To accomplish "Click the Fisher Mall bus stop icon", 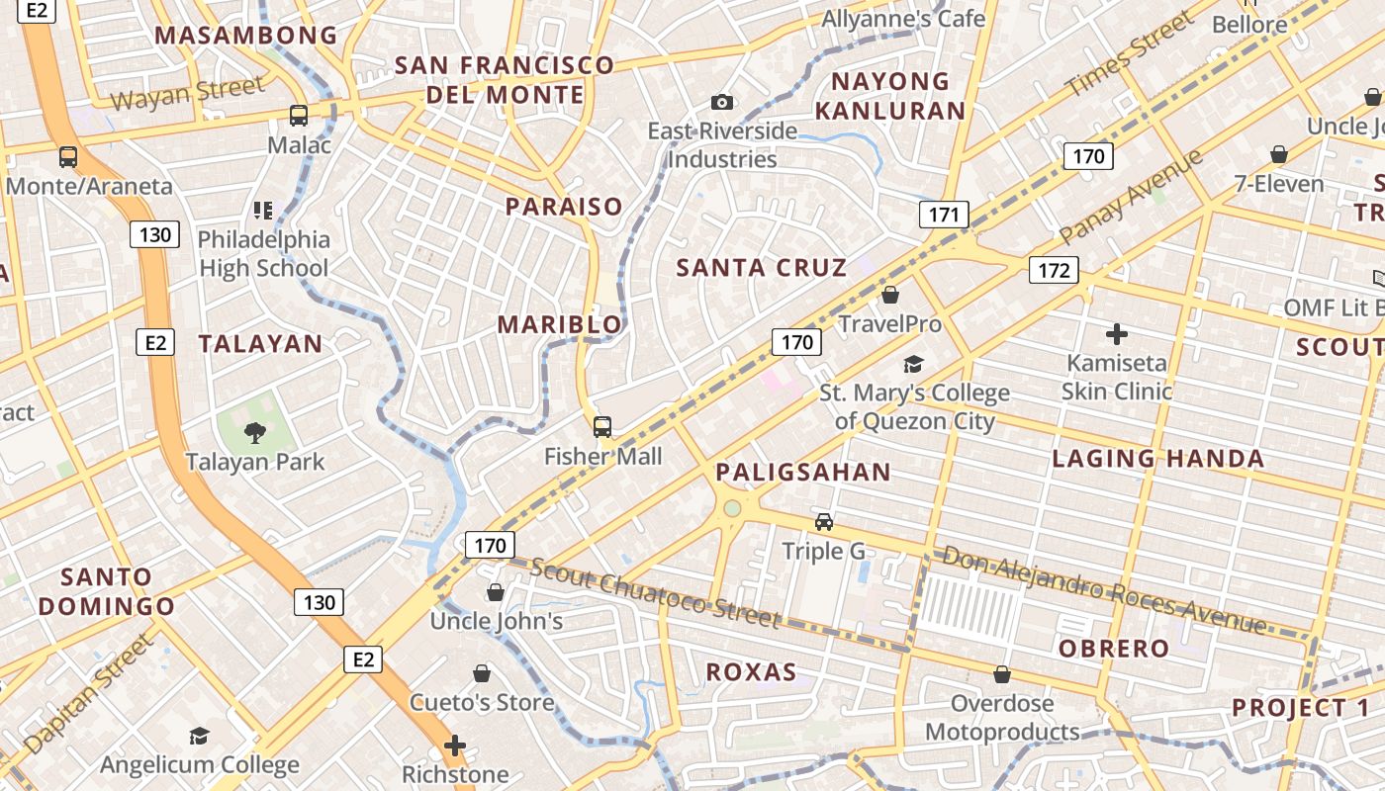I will tap(601, 427).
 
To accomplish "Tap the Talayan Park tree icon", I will tap(255, 432).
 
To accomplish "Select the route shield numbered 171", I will tap(944, 215).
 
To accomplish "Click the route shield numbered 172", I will tap(1053, 270).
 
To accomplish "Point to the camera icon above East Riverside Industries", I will tap(722, 102).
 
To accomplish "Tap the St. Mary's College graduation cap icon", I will tap(913, 364).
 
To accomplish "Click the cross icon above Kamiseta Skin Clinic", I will tap(1117, 334).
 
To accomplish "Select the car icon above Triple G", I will tap(824, 521).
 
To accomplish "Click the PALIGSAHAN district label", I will tap(803, 472).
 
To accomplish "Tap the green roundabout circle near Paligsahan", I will tap(732, 508).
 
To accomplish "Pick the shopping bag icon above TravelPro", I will tap(890, 295).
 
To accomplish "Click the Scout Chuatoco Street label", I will tap(655, 593).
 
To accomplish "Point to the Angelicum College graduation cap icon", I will tap(200, 736).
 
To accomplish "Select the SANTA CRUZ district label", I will tap(761, 267).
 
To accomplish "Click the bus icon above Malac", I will tap(299, 116).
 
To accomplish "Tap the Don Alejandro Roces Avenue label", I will tap(1103, 589).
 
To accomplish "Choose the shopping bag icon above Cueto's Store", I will tap(482, 673).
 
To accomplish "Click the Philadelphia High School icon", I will tap(262, 210).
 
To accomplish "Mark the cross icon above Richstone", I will tap(455, 745).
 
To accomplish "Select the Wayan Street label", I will tap(187, 93).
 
